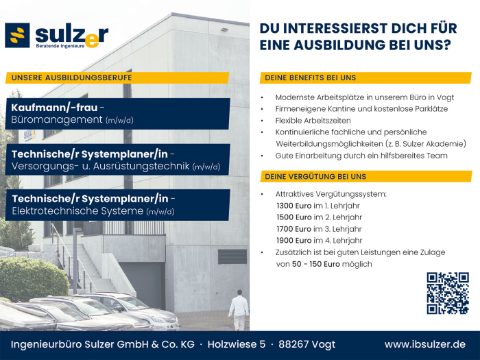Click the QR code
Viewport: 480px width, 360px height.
coord(447,293)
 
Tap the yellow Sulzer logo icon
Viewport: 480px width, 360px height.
coord(17,36)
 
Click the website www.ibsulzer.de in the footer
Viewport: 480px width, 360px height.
coord(425,344)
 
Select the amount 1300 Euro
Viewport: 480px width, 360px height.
coord(293,206)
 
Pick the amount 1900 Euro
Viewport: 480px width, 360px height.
coord(293,241)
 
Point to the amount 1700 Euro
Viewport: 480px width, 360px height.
coord(293,229)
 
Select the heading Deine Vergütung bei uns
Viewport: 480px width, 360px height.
coord(315,176)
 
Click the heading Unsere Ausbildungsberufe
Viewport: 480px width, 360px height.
coord(71,77)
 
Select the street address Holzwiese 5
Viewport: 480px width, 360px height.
coord(237,344)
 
